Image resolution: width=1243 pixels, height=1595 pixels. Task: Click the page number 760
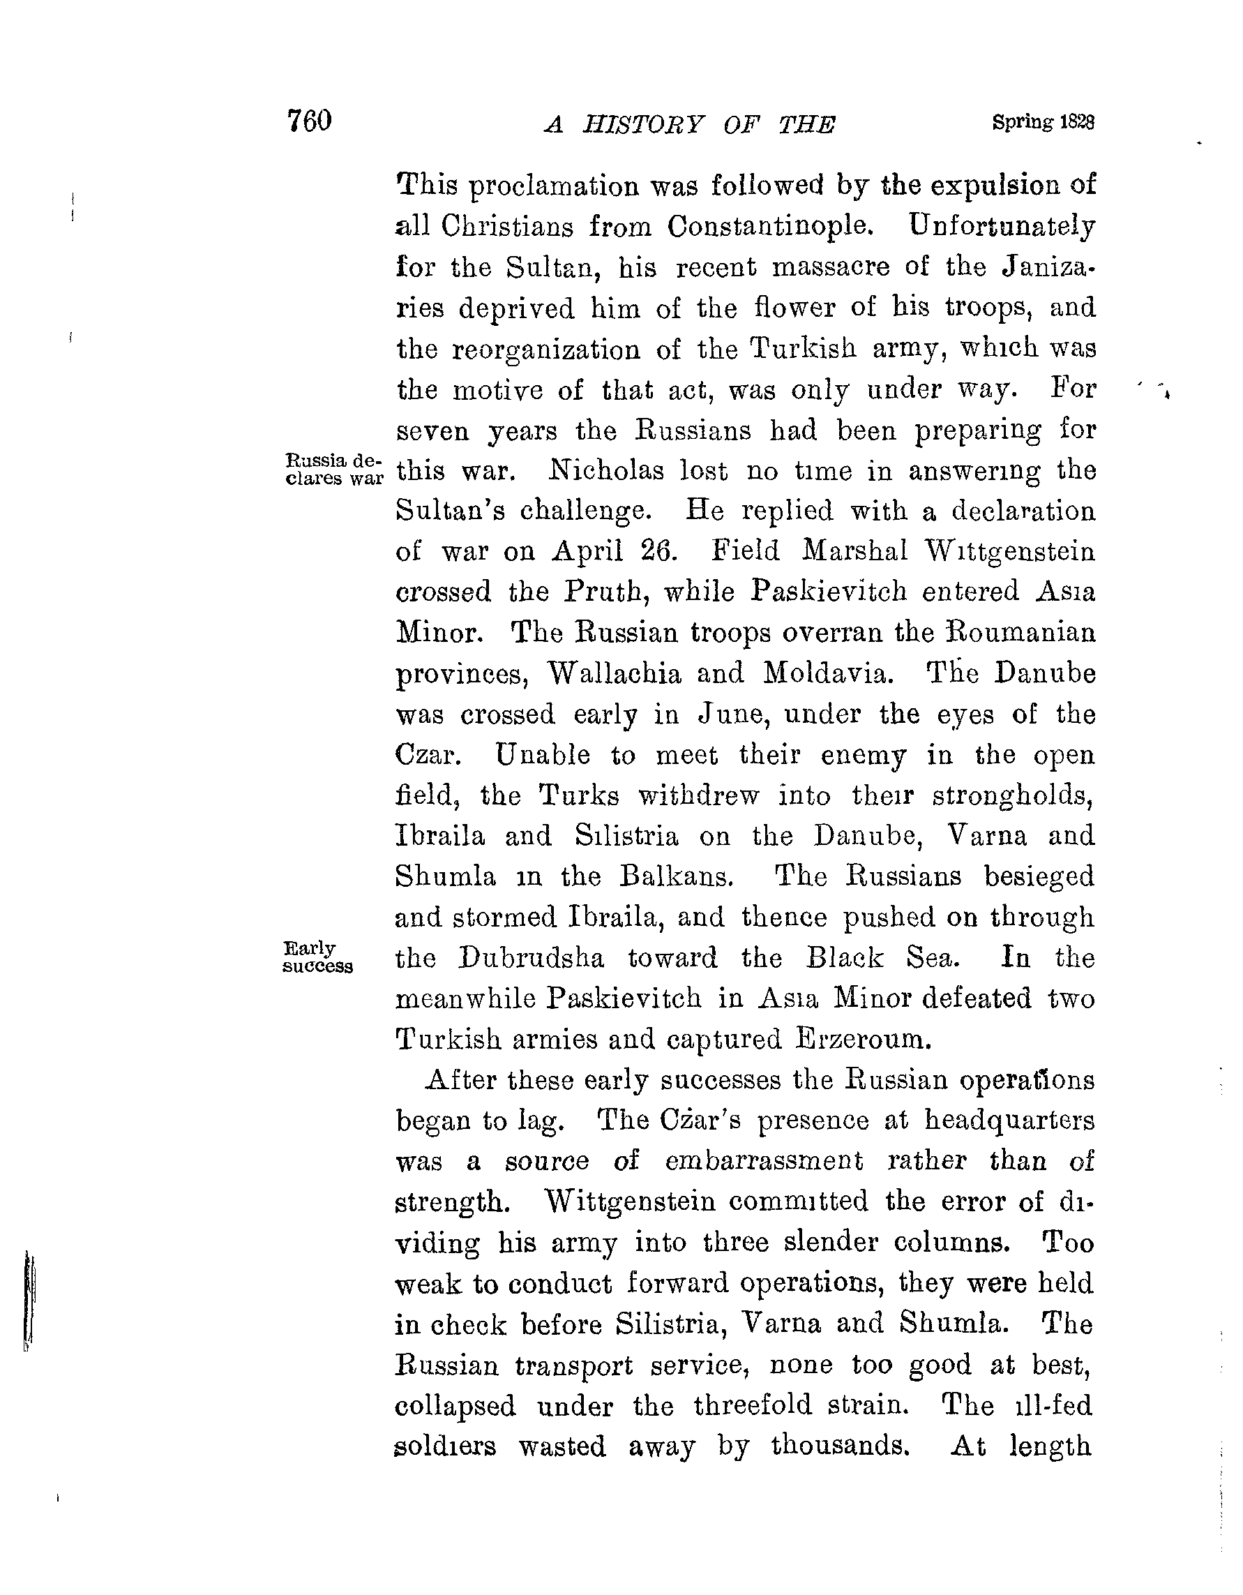[x=310, y=121]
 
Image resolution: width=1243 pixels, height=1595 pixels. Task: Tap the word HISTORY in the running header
[x=642, y=126]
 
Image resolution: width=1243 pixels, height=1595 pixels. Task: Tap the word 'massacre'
[x=830, y=268]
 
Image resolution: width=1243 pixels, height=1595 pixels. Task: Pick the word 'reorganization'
[x=545, y=350]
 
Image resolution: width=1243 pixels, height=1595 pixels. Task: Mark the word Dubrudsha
[x=531, y=958]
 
